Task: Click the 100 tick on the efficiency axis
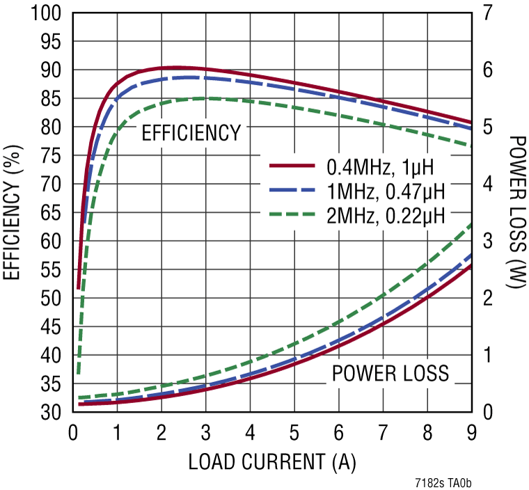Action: (x=46, y=14)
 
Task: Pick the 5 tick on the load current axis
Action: (x=294, y=432)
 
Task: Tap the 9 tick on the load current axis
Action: (x=471, y=432)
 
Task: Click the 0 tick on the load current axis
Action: (x=72, y=432)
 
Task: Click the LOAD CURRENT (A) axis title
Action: (x=272, y=461)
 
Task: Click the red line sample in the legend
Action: (x=293, y=166)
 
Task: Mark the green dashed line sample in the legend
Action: (x=293, y=212)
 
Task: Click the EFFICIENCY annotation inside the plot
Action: (x=191, y=133)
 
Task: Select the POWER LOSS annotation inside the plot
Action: (x=390, y=374)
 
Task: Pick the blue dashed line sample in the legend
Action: (x=293, y=189)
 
